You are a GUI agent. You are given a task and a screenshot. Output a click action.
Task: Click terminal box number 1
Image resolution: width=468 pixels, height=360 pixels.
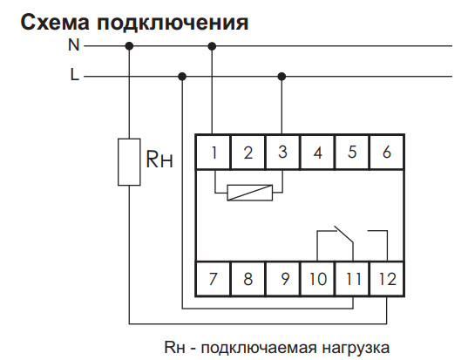(213, 153)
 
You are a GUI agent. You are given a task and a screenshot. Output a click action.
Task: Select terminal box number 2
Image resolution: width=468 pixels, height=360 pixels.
(248, 153)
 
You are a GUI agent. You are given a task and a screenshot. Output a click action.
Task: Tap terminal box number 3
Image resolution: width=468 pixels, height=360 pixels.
(281, 153)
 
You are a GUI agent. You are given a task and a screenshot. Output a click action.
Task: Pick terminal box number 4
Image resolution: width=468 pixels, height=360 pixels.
(317, 153)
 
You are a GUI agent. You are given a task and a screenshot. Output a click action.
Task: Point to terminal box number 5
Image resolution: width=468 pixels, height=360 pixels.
(352, 153)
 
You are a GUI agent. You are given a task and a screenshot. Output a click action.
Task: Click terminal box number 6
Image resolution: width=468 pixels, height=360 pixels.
(387, 153)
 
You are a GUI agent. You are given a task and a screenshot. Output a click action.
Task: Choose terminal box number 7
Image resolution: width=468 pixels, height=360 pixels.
(213, 280)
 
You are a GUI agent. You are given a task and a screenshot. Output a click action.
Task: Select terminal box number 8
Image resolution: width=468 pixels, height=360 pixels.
(248, 280)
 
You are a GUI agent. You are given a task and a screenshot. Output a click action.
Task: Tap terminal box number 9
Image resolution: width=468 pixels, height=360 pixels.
(281, 280)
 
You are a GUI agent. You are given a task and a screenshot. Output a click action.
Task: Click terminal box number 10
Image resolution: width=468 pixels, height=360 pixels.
(317, 280)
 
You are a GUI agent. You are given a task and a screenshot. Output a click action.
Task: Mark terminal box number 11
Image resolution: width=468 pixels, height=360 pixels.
(352, 280)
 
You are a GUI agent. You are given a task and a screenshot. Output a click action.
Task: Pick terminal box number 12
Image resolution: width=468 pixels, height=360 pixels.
(387, 280)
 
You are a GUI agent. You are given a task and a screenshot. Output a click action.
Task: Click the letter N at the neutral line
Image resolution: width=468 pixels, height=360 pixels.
(74, 44)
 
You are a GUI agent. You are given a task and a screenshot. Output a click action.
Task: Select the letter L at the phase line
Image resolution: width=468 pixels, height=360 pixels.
(74, 76)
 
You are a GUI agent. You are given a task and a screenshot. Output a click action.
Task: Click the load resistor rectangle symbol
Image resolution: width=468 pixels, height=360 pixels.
(129, 161)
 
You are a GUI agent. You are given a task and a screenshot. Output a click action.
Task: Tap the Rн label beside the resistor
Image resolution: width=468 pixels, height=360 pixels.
(159, 160)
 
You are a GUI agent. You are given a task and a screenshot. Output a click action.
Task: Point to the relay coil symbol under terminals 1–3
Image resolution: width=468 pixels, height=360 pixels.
(248, 192)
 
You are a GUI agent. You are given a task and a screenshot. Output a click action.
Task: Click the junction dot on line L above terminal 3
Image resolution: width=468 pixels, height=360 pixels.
(281, 76)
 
